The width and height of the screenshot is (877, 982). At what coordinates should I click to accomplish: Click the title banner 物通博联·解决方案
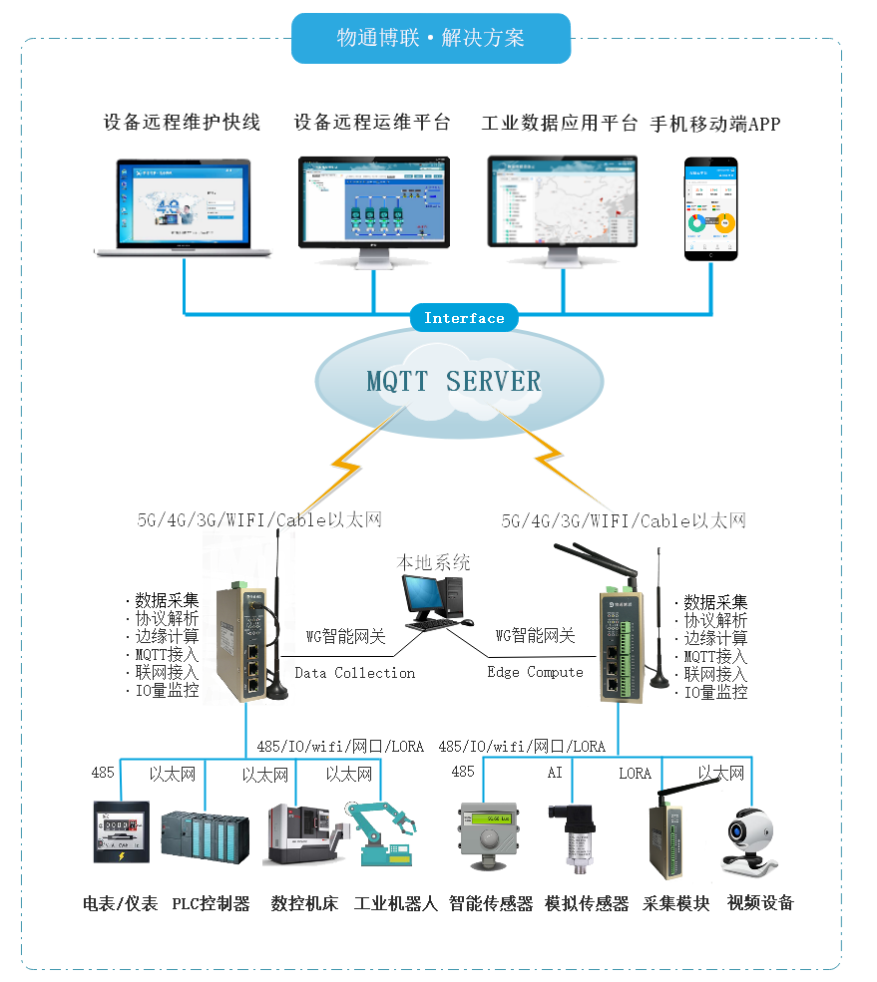(431, 39)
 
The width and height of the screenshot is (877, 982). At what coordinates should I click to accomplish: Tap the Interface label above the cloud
(464, 318)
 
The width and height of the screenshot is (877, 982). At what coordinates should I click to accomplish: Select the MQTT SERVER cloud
(454, 381)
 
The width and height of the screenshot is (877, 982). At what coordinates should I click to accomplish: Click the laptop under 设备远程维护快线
(183, 207)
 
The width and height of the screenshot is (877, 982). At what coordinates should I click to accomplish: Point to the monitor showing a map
(562, 210)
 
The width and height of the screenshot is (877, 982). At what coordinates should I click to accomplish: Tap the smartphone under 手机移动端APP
(710, 208)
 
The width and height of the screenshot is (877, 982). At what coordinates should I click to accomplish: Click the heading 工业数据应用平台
(560, 124)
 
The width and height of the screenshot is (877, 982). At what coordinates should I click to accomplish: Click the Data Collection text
(355, 673)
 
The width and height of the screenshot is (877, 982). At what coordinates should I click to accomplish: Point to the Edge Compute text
(535, 672)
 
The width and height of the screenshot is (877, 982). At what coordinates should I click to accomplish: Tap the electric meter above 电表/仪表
(121, 831)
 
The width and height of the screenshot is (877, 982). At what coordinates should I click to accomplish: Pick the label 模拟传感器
(587, 903)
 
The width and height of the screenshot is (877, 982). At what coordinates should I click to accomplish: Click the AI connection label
(555, 773)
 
